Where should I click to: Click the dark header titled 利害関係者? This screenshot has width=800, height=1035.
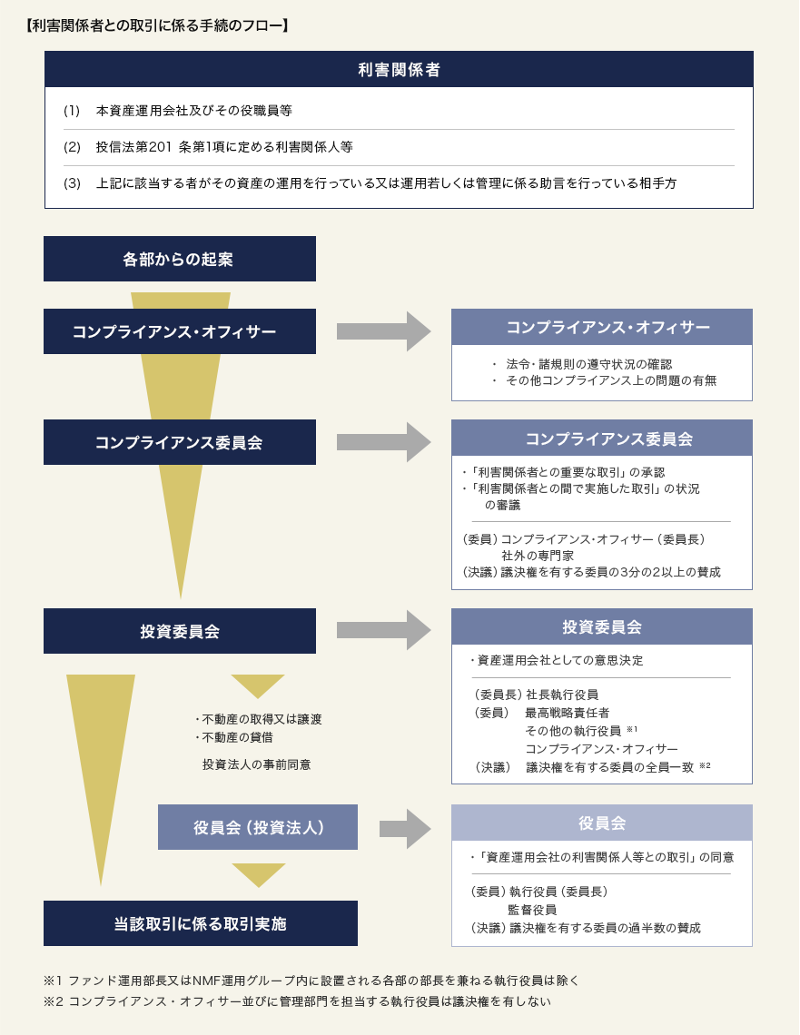coord(399,69)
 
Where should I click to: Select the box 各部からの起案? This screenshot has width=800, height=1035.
coord(180,259)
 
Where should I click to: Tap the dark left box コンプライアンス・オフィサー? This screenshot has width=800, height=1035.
coord(180,331)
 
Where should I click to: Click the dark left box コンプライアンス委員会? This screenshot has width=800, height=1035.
coord(180,442)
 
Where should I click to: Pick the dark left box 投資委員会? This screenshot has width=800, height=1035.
coord(180,631)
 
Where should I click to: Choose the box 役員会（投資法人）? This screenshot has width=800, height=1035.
coord(258,827)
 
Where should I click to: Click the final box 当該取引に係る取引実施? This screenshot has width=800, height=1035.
coord(201,923)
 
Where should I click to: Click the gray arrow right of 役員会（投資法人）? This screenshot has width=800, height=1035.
coord(404,828)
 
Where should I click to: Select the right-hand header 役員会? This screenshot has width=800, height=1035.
coord(602,823)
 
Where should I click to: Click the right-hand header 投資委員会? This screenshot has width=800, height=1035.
coord(602,626)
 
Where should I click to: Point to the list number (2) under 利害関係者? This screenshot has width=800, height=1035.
coord(73,147)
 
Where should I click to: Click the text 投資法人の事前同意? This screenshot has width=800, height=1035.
coord(256,764)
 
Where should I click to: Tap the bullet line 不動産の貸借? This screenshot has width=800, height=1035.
coord(235,737)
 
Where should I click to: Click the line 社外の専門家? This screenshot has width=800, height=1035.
coord(537,555)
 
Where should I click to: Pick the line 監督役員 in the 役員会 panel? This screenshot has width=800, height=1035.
coord(532,910)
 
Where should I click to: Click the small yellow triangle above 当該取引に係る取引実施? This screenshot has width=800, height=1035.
coord(259,874)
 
